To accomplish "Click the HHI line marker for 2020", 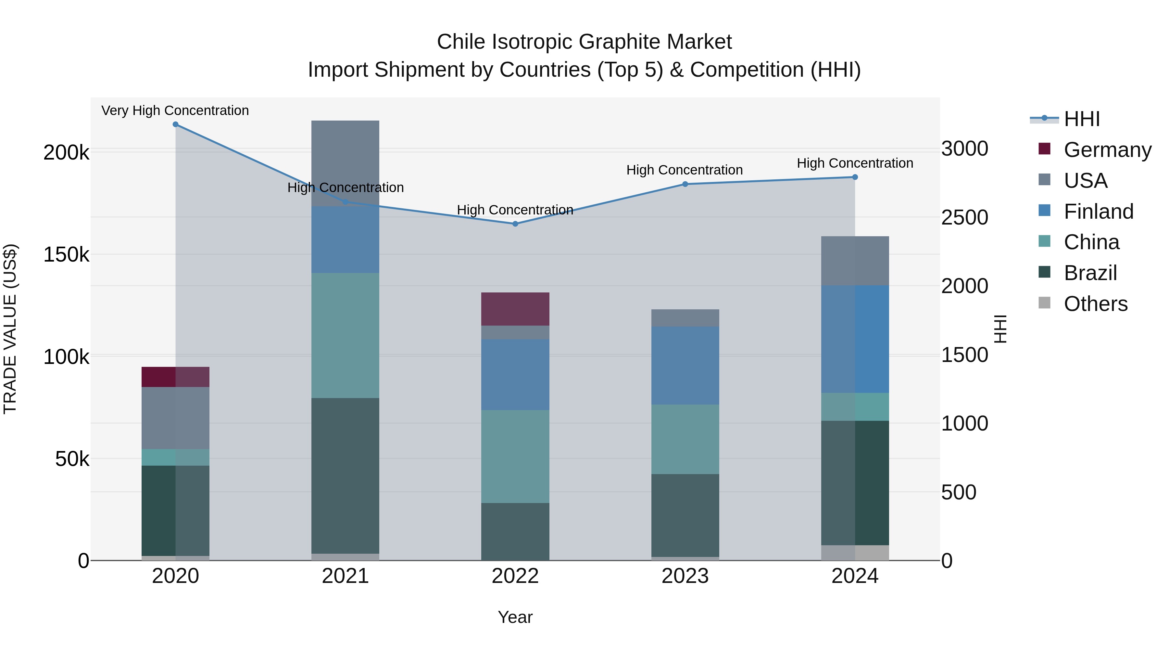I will [176, 124].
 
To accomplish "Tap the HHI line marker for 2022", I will [515, 224].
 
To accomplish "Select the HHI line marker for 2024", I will [855, 177].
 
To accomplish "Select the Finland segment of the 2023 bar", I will [685, 366].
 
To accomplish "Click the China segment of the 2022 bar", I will [515, 457].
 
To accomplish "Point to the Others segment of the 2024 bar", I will [855, 553].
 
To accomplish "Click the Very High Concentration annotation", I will [175, 111].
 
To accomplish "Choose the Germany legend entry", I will [1107, 150].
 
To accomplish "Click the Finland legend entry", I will [1098, 212].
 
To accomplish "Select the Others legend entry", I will [1096, 304].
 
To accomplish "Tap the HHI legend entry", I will [1082, 119].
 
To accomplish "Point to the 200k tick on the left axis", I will [66, 153].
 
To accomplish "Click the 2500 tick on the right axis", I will [965, 217].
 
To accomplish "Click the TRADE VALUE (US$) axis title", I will [10, 329].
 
